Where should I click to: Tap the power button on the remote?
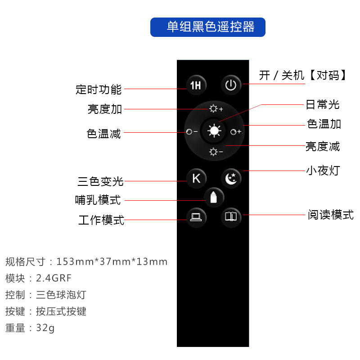231,85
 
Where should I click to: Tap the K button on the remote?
196,178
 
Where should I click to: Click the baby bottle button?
214,197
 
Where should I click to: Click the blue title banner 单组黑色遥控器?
207,27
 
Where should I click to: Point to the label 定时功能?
99,89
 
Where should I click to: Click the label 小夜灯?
323,171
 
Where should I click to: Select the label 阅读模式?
331,215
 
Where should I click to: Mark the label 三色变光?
100,181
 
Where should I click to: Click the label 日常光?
322,105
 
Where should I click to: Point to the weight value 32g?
45,328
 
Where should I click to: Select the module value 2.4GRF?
54,278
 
